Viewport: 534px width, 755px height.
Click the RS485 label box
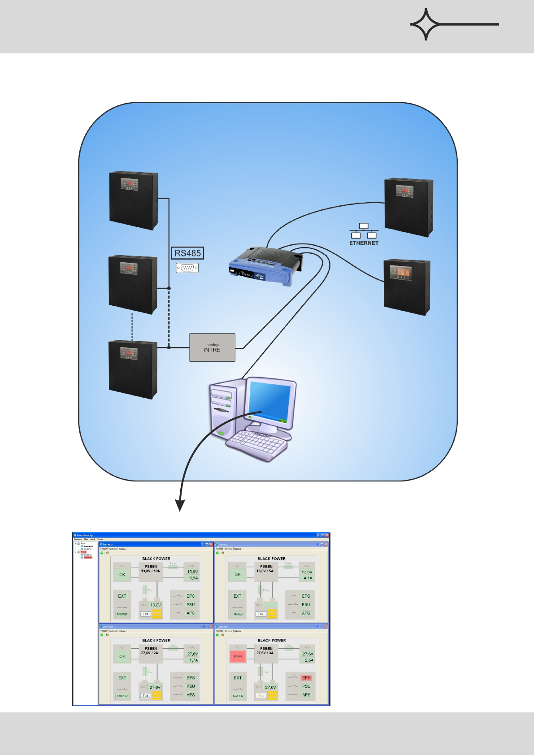(187, 253)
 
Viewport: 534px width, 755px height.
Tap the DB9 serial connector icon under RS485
(187, 268)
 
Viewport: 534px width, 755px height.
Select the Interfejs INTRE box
(212, 347)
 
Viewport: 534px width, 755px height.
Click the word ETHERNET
(364, 243)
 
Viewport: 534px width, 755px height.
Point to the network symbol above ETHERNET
(364, 230)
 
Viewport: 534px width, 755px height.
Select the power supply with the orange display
(407, 287)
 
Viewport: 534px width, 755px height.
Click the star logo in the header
(426, 24)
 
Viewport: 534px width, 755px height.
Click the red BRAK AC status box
(238, 656)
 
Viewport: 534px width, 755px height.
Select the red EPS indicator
(306, 678)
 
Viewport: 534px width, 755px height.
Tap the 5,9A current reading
(193, 578)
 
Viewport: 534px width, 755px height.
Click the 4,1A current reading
(308, 578)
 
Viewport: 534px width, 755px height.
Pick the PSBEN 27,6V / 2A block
(151, 651)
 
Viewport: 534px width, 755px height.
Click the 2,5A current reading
(308, 660)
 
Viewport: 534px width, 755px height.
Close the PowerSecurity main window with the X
(327, 535)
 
